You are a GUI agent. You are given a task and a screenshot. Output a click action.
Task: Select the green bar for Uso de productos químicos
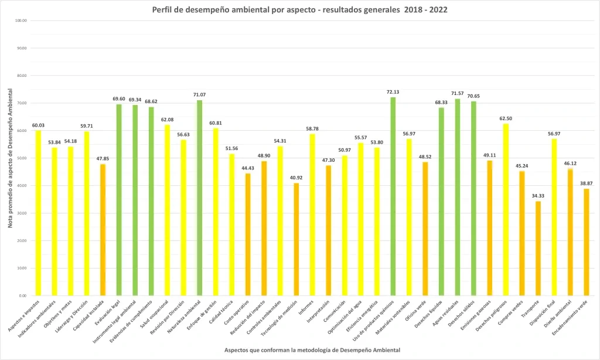point(393,196)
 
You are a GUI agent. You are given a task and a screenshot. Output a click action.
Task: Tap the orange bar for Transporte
point(538,249)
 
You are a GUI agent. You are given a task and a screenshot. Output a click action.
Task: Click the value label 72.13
point(393,92)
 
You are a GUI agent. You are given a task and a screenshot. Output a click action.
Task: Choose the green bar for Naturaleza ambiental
point(200,198)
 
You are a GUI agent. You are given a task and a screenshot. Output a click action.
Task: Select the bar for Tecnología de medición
point(296,239)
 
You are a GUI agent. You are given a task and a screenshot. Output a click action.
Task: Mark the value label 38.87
point(586,184)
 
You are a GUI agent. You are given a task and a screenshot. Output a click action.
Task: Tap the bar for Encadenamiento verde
point(586,242)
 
